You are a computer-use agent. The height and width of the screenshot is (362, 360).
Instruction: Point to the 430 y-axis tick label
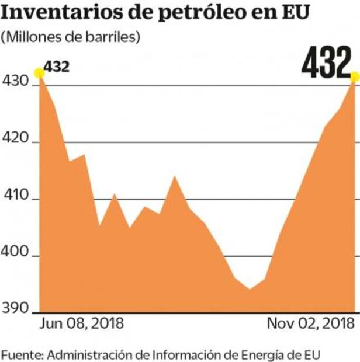(x=17, y=84)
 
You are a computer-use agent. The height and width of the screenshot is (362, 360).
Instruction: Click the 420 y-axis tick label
(x=17, y=141)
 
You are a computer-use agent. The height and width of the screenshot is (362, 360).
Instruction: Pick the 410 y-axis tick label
(x=17, y=199)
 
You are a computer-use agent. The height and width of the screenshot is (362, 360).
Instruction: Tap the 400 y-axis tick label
(x=17, y=256)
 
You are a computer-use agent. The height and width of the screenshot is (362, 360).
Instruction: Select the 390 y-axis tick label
(x=17, y=311)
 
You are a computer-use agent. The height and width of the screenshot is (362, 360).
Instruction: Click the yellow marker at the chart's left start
(x=39, y=73)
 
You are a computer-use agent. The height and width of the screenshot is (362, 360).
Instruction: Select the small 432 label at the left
(x=57, y=66)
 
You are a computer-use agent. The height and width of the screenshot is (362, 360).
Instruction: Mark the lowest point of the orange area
(x=250, y=289)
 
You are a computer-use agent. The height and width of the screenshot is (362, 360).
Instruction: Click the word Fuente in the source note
(x=22, y=354)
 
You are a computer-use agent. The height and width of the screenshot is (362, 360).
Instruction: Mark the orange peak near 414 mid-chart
(x=174, y=176)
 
